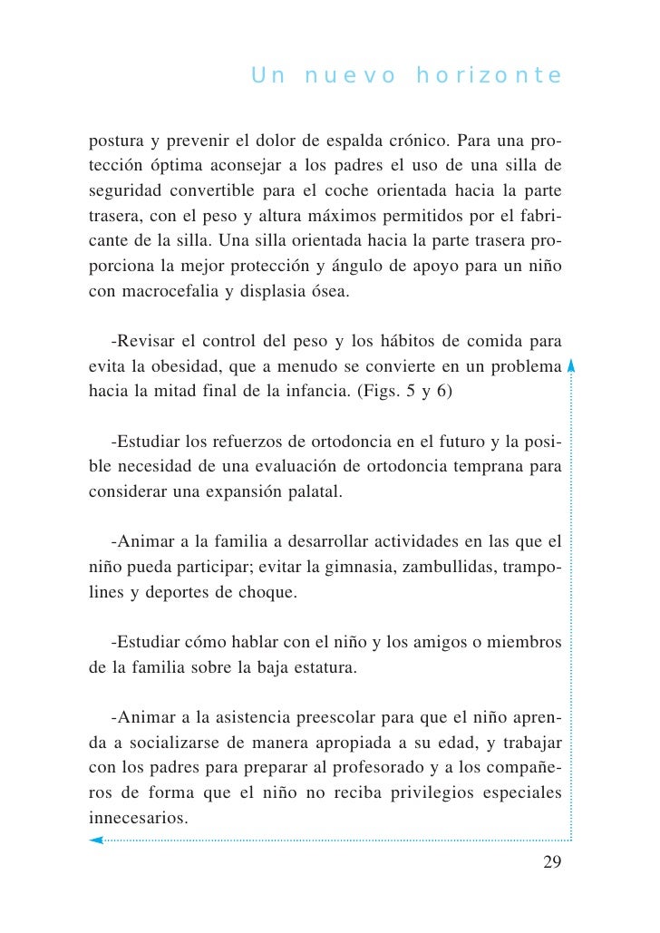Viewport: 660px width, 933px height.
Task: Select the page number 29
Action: click(x=552, y=861)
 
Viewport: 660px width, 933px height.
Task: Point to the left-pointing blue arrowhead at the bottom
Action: click(x=95, y=841)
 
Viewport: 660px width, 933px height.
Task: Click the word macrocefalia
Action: click(x=166, y=293)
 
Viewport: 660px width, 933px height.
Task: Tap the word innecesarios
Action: click(x=139, y=818)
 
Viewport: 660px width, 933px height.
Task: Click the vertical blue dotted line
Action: click(x=571, y=598)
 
